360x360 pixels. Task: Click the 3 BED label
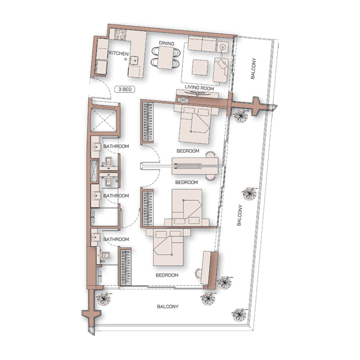(x=125, y=90)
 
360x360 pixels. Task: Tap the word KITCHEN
(x=119, y=54)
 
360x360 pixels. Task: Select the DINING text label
(x=166, y=43)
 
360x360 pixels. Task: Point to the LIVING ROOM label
(x=199, y=89)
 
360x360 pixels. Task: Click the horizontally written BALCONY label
(x=168, y=307)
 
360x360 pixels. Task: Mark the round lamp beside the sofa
(x=223, y=47)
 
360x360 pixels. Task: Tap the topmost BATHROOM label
(x=116, y=146)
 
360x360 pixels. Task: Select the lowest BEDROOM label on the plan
(x=167, y=275)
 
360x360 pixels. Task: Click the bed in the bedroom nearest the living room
(x=195, y=126)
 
